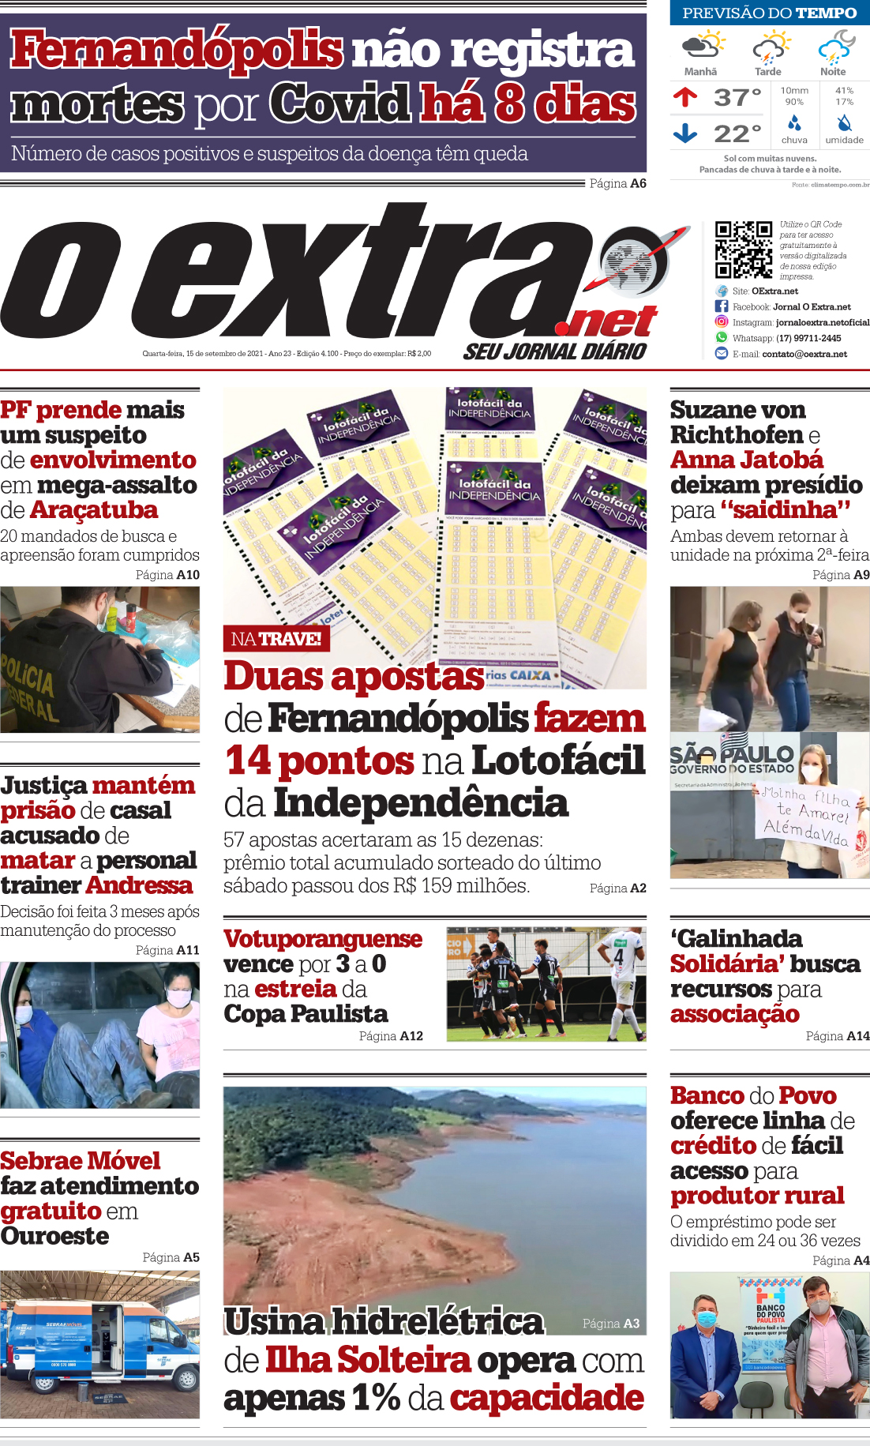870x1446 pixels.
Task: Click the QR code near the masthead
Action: click(743, 250)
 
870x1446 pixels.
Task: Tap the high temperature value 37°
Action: click(737, 98)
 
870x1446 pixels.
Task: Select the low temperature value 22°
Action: click(737, 133)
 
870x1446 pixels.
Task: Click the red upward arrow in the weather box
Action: click(685, 97)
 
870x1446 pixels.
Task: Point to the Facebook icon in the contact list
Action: click(722, 306)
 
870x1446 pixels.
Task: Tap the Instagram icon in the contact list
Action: click(722, 321)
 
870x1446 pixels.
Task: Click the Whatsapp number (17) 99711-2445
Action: click(808, 338)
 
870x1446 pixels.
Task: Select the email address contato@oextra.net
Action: click(804, 354)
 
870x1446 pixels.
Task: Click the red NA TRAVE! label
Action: click(276, 639)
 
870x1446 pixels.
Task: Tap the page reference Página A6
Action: click(617, 183)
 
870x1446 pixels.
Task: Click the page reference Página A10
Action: click(167, 575)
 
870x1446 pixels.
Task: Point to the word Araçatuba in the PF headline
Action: click(94, 510)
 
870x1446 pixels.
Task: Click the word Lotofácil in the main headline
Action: click(558, 761)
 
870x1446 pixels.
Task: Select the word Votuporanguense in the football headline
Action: click(323, 939)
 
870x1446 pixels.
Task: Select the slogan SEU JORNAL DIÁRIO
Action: click(555, 351)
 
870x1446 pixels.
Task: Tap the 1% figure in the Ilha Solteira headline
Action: click(376, 1398)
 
